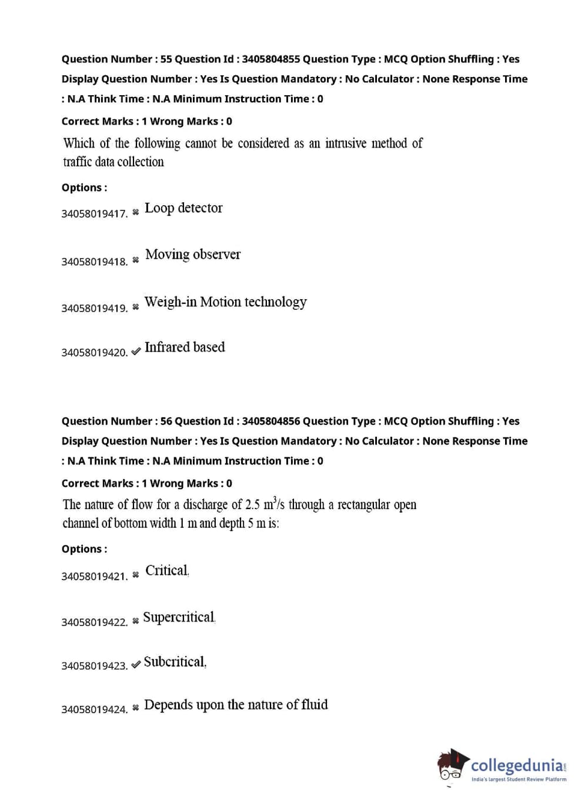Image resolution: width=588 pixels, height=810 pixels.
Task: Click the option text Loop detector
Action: (183, 208)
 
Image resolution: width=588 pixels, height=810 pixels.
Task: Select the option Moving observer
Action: (193, 255)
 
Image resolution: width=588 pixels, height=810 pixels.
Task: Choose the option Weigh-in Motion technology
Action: (225, 302)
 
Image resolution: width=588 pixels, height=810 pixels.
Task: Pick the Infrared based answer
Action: (185, 347)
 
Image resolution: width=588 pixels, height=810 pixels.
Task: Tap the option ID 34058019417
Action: (94, 214)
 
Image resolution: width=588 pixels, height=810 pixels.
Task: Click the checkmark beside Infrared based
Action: (136, 351)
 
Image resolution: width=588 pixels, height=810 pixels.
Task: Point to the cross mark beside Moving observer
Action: (136, 260)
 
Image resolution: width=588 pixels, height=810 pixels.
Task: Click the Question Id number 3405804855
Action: (270, 59)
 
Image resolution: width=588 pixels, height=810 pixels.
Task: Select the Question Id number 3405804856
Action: (270, 421)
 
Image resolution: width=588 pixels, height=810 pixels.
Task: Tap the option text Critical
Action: (167, 571)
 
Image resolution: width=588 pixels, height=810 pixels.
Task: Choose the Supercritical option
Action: (179, 617)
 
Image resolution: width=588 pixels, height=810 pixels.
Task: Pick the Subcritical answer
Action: (175, 662)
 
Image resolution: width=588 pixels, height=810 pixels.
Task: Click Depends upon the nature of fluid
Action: (236, 705)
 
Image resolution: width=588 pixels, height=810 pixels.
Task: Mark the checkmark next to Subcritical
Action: (136, 664)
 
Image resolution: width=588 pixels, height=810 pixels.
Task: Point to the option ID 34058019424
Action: (94, 709)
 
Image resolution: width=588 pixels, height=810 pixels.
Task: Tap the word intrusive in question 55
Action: (346, 143)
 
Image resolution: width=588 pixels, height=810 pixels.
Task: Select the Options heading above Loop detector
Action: (84, 188)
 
